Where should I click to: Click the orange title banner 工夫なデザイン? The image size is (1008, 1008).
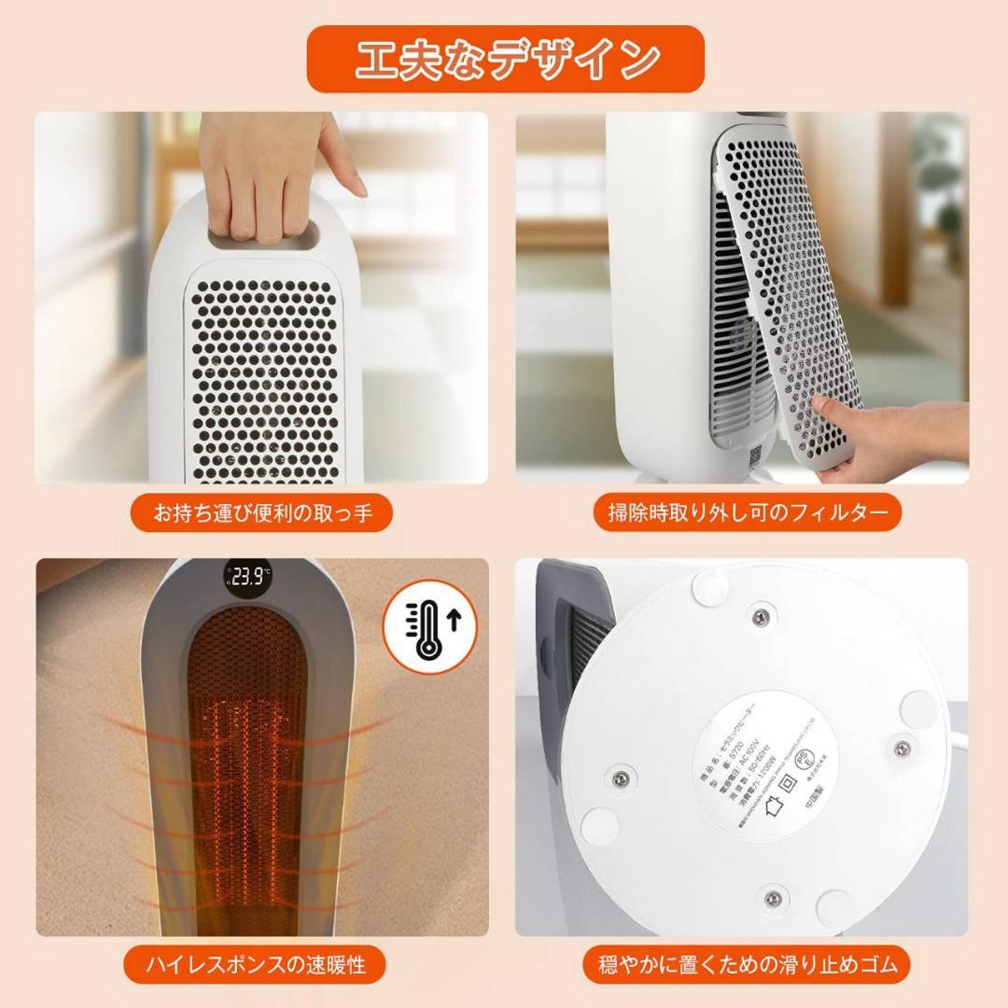[x=505, y=58]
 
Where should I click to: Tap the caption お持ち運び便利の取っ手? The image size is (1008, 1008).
[x=260, y=512]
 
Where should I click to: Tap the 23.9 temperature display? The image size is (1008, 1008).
[x=248, y=576]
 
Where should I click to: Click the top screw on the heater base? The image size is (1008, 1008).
[x=760, y=615]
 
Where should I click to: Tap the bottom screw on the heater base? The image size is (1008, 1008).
[x=771, y=898]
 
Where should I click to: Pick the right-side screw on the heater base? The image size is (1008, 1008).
[x=901, y=749]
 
